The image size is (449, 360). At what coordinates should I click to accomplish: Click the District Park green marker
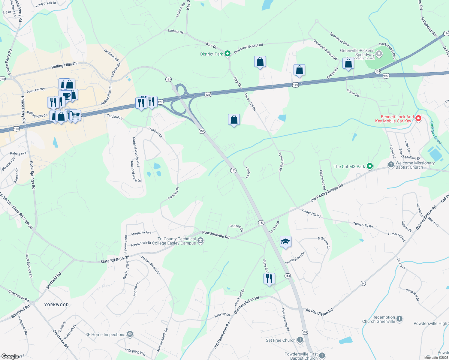[228, 54]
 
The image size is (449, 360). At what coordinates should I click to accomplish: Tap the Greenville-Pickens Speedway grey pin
[379, 54]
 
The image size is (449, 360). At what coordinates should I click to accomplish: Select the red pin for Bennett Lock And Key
[418, 118]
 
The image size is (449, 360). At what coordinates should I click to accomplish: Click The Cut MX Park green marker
[370, 166]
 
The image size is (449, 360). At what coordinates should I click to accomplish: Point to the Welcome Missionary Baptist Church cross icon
[391, 164]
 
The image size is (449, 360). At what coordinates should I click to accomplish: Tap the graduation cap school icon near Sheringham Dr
[285, 241]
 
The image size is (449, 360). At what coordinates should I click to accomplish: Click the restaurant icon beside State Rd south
[269, 278]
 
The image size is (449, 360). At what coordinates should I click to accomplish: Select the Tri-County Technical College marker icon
[201, 241]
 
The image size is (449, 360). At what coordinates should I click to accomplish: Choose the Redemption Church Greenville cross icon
[399, 319]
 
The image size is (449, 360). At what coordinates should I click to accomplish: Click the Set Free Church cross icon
[300, 340]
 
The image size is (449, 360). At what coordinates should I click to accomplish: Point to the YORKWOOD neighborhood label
[56, 305]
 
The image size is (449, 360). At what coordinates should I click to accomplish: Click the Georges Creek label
[435, 133]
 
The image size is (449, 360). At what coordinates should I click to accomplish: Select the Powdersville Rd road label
[215, 235]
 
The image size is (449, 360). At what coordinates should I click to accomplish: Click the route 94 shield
[363, 283]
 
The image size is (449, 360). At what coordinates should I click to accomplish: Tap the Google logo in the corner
[10, 356]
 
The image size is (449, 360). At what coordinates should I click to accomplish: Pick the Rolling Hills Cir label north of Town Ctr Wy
[64, 65]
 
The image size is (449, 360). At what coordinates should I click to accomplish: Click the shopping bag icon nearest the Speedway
[348, 64]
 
